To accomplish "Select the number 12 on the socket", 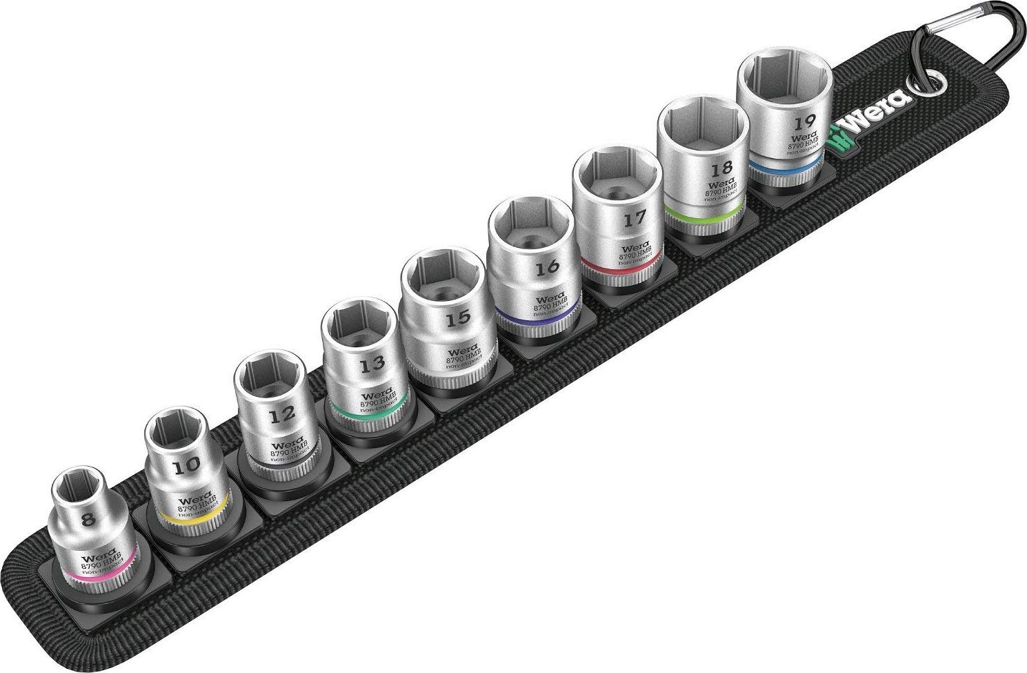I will click(x=283, y=416).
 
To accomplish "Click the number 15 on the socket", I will click(x=458, y=318).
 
